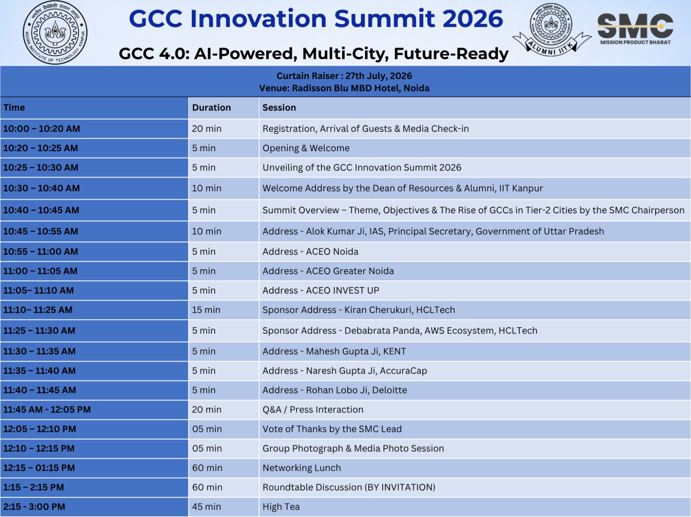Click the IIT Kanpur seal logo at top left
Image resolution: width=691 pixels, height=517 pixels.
55,32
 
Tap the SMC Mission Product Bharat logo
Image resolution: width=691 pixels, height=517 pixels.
635,29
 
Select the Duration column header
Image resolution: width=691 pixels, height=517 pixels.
211,108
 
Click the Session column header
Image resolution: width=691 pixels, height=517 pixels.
279,108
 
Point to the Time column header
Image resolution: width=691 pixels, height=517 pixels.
14,108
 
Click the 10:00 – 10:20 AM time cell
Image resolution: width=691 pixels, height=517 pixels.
41,129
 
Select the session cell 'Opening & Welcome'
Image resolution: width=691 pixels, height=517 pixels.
306,148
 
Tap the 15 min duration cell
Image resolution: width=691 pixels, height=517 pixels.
206,310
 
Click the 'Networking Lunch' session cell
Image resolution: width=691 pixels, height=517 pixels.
301,468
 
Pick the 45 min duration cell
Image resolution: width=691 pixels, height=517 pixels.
206,507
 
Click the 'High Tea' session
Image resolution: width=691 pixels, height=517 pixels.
281,507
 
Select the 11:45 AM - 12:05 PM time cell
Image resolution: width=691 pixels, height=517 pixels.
47,409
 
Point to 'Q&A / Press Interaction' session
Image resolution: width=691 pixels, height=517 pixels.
313,409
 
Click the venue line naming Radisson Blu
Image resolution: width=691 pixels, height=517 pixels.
344,88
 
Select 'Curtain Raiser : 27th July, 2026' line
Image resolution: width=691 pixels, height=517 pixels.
344,76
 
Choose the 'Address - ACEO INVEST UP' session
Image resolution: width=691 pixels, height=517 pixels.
320,290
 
